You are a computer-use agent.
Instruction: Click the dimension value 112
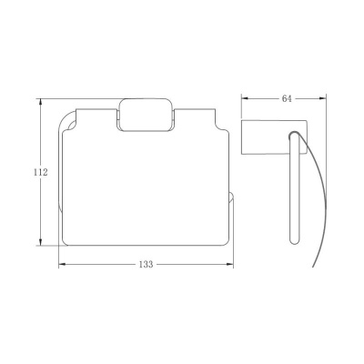pos(41,172)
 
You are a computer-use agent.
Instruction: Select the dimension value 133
pos(146,265)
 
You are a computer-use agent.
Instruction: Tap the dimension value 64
pos(287,98)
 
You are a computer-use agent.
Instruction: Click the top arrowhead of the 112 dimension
pos(40,103)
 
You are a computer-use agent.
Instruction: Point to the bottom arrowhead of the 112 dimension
pos(40,241)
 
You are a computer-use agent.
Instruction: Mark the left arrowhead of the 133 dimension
pos(63,265)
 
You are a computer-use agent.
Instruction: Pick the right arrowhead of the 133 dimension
pos(229,265)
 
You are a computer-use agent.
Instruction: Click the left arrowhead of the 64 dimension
pos(246,98)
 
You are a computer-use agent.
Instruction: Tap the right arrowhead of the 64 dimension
pos(322,98)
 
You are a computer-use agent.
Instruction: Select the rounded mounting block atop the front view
pos(146,115)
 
